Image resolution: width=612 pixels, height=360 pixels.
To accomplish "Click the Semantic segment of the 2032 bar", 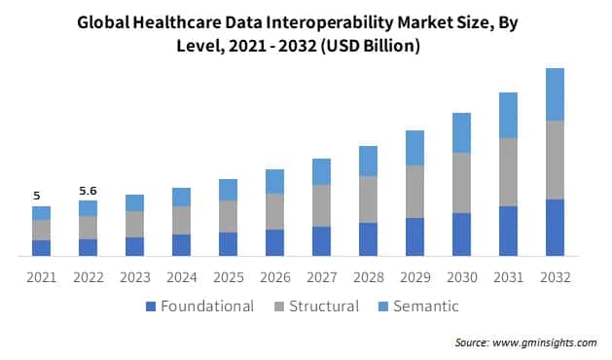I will point(555,94).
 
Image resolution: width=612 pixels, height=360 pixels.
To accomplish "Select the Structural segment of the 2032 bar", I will point(555,160).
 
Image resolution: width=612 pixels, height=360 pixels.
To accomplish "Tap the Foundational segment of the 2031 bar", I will point(508,231).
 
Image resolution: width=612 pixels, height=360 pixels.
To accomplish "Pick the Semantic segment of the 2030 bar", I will point(461,132).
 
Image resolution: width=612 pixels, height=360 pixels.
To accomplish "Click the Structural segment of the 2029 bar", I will point(414,191).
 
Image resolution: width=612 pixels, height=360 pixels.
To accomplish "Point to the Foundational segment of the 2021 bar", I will point(41,247).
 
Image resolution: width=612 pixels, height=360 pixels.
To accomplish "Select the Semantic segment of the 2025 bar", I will point(228,190).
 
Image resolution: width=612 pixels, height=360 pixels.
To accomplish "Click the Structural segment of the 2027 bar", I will point(321,205).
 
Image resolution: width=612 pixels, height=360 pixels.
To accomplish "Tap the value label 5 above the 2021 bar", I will point(37,195).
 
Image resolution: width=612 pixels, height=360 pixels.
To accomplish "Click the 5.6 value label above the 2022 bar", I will point(88,191).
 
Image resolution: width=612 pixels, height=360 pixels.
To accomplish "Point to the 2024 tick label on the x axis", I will point(181,277).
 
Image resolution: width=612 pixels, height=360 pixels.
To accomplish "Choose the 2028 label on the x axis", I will point(368,277).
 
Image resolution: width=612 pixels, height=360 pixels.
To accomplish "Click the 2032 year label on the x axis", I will point(555,277).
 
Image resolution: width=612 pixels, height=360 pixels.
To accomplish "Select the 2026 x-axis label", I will point(274,277).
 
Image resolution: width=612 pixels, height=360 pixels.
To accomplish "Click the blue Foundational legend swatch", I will point(150,306).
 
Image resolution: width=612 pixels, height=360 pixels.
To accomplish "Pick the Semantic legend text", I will point(424,306).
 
